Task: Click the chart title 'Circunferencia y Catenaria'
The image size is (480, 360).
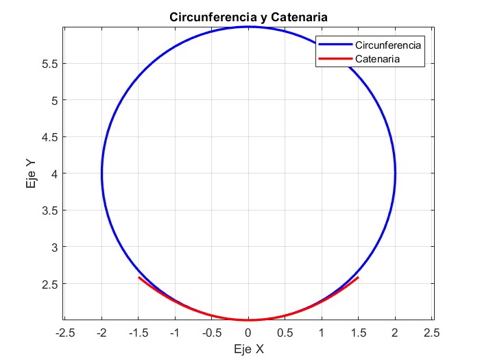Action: (x=248, y=16)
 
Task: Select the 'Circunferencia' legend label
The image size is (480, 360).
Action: (x=387, y=45)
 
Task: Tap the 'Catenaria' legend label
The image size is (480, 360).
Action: (x=378, y=59)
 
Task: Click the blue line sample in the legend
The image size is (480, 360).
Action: (x=335, y=45)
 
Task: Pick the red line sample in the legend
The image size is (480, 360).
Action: (x=335, y=59)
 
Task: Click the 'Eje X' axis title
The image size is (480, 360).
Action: (x=248, y=348)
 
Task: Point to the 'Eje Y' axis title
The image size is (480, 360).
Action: (x=32, y=173)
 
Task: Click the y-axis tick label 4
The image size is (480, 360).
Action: (x=53, y=173)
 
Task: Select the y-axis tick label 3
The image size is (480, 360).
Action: (x=53, y=247)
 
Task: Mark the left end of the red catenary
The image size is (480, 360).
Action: (x=139, y=277)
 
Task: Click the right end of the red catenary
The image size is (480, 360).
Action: (x=358, y=277)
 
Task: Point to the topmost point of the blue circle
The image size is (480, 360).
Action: (x=248, y=27)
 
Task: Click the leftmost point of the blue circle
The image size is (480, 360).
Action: (x=101, y=173)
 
